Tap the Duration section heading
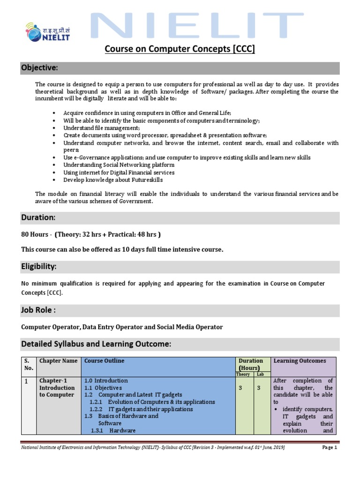click(38, 218)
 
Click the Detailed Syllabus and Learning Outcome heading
click(96, 345)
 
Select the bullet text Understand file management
click(101, 128)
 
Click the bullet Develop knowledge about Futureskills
click(113, 180)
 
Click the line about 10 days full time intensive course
click(122, 249)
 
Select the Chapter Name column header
click(58, 361)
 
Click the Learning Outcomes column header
click(300, 361)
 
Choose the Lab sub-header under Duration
click(260, 375)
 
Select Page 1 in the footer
click(330, 448)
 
